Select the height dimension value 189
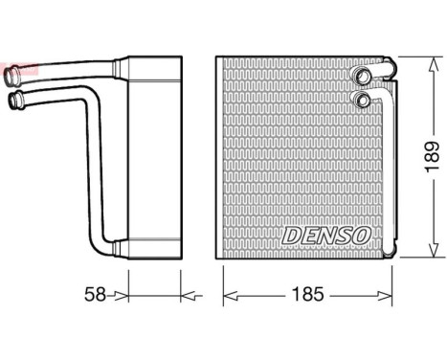click(432, 156)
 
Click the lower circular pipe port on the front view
click(364, 100)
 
